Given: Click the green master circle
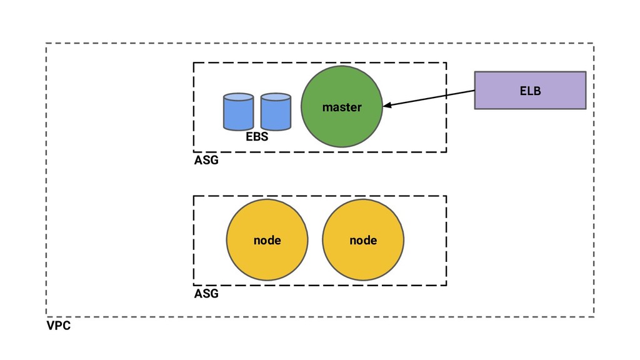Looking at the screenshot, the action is click(342, 106).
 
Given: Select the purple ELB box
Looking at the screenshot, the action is click(530, 90).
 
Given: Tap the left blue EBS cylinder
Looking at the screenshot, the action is click(238, 111).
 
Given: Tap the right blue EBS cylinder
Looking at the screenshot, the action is click(276, 111).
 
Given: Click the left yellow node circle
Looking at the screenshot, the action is click(267, 240).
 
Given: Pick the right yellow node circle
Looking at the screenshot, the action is click(363, 240).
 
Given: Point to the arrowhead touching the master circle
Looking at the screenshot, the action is click(386, 105).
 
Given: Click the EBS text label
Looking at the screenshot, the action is click(257, 136).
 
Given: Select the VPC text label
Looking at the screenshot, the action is click(58, 326).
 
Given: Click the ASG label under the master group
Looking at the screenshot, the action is click(206, 160).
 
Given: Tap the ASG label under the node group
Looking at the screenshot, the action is click(206, 294).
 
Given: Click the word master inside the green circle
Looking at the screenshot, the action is click(342, 107).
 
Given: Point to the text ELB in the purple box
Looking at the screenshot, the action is click(530, 91).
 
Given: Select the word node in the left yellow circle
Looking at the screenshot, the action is click(267, 241).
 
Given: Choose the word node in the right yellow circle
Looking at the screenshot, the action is click(363, 241).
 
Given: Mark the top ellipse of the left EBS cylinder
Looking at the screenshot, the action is click(238, 97).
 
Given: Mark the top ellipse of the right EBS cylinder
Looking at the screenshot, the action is click(276, 97).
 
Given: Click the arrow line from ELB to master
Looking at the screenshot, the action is click(429, 98).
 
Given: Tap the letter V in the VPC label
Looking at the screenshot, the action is click(51, 326).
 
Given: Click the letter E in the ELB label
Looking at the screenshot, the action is click(523, 91).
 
